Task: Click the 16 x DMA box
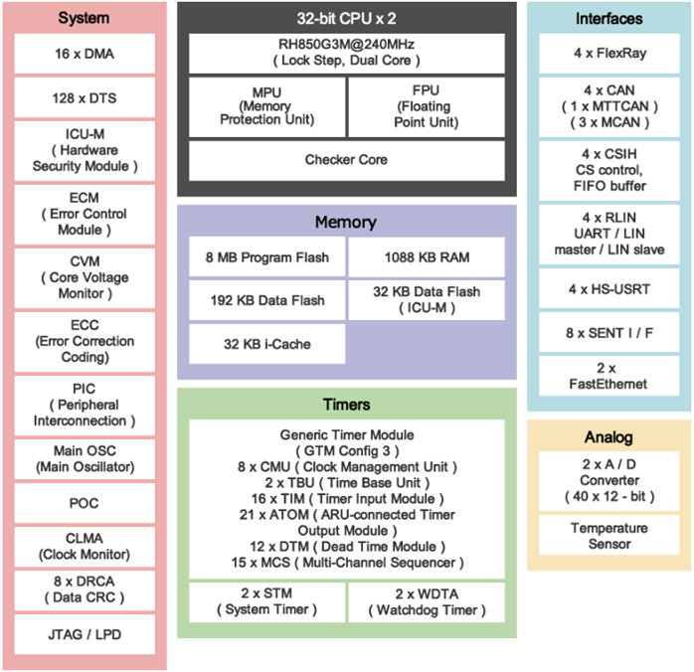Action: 84,54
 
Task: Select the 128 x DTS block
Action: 84,97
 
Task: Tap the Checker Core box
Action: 346,160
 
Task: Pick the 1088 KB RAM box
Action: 428,257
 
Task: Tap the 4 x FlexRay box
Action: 609,54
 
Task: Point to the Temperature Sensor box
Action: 609,536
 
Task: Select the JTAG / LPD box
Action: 84,634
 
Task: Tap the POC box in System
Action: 84,503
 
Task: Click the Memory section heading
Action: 346,222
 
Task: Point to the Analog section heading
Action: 609,437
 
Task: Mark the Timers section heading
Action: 346,405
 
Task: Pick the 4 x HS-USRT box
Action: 609,289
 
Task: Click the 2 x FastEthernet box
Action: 609,376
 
